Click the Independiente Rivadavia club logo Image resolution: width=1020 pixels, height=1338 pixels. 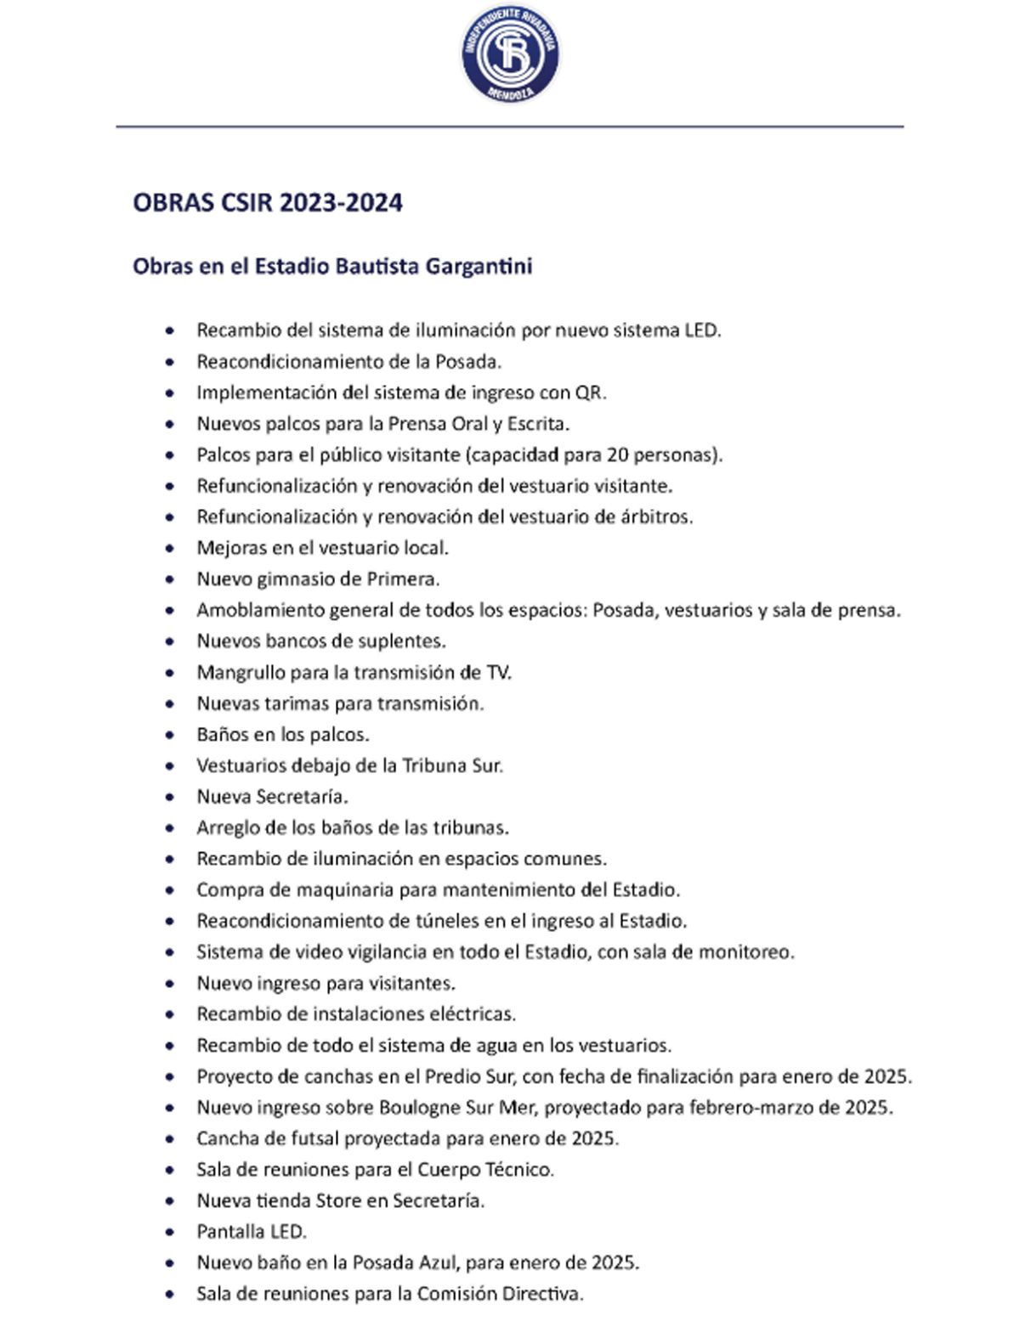pos(510,56)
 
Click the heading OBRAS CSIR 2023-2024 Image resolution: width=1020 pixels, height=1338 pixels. pos(268,204)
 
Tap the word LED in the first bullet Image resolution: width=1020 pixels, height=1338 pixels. pos(701,330)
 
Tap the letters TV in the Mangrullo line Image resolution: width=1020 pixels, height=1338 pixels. pos(498,673)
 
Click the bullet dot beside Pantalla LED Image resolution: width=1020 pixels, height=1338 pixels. pos(171,1232)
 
